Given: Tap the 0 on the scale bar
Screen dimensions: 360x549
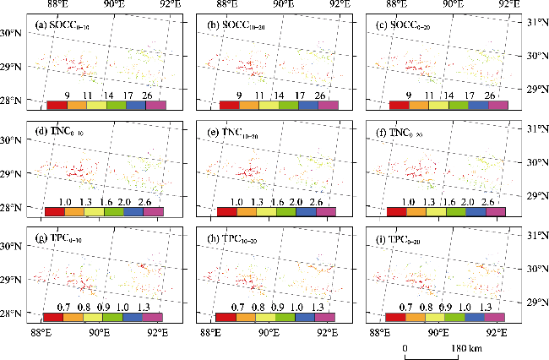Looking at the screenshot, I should point(405,348).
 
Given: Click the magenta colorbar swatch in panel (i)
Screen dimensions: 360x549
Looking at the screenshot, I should point(495,319).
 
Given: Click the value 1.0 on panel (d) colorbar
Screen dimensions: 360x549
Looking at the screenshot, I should point(64,202).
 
